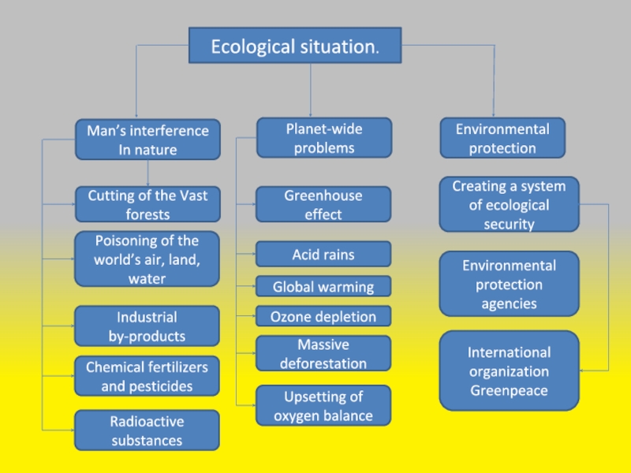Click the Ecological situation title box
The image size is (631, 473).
(x=295, y=45)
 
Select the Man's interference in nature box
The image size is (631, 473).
(x=147, y=140)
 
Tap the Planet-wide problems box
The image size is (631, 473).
(x=324, y=137)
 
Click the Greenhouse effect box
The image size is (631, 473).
(x=323, y=204)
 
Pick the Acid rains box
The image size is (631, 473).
(x=323, y=254)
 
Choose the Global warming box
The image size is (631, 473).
(x=323, y=286)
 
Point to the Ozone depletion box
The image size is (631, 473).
(x=323, y=316)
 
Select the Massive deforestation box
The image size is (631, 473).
(x=323, y=353)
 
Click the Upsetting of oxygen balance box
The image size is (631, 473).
(x=323, y=405)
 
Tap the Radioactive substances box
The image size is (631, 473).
(x=147, y=430)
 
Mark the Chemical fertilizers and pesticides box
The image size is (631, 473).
(x=147, y=376)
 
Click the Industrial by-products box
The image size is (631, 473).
(x=147, y=326)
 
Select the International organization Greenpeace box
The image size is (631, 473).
(x=509, y=371)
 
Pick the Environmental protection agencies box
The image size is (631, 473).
(x=509, y=284)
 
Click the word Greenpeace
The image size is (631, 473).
(x=509, y=390)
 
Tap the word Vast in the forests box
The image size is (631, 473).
(x=193, y=196)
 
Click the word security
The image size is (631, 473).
(x=509, y=224)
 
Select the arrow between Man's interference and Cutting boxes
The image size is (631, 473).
(x=147, y=173)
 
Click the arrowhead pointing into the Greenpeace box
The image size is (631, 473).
(x=582, y=371)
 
